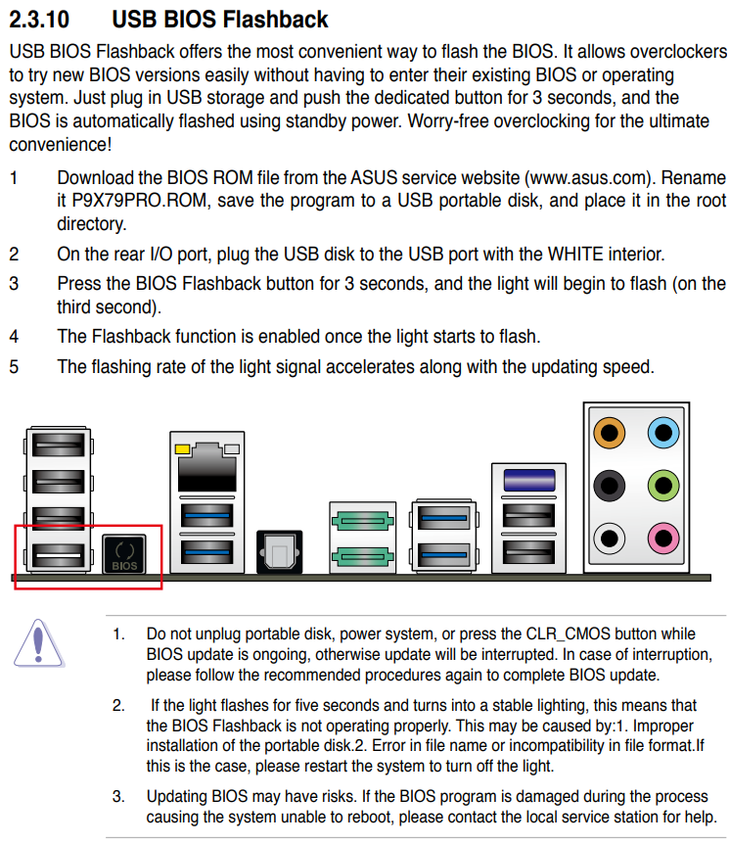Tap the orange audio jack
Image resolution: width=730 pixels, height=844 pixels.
coord(611,431)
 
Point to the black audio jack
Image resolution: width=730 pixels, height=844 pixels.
coord(611,484)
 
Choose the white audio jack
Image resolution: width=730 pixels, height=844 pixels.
coord(611,538)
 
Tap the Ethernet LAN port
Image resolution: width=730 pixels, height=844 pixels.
coord(205,468)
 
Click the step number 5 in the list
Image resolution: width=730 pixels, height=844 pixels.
coord(14,367)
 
